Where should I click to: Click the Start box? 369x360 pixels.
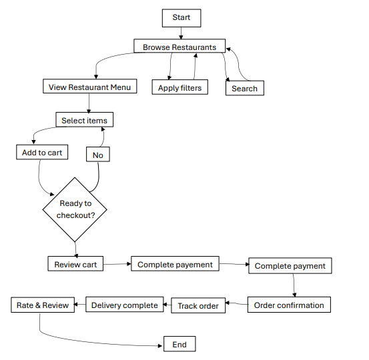(181, 18)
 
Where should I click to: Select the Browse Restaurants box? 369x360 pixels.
(179, 46)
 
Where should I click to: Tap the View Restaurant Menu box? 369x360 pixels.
(90, 86)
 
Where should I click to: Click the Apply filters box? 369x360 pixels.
(180, 87)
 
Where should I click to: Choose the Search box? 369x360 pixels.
(245, 88)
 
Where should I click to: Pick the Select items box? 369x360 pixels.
(85, 120)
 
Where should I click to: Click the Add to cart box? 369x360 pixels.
(42, 152)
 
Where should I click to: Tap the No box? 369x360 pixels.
(98, 154)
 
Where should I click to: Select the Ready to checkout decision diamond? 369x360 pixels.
(75, 209)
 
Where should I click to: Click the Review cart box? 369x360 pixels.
(75, 263)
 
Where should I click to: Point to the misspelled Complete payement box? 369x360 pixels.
(175, 263)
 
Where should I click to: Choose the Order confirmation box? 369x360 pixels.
(289, 305)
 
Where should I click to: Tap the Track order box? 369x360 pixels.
(198, 305)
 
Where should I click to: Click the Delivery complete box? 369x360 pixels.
(125, 305)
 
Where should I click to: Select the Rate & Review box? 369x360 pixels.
(43, 305)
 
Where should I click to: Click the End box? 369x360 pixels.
(179, 344)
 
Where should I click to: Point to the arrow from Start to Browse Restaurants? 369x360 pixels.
(181, 33)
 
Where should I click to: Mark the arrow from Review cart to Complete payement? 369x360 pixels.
(117, 264)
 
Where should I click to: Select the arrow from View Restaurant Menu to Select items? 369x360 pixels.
(89, 103)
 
